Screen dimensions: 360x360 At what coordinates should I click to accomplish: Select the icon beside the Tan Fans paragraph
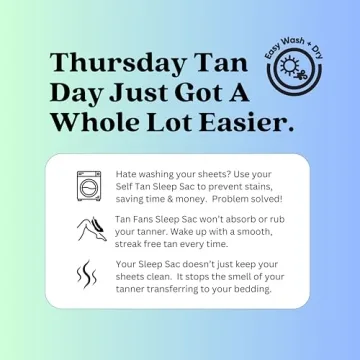coord(89,229)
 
